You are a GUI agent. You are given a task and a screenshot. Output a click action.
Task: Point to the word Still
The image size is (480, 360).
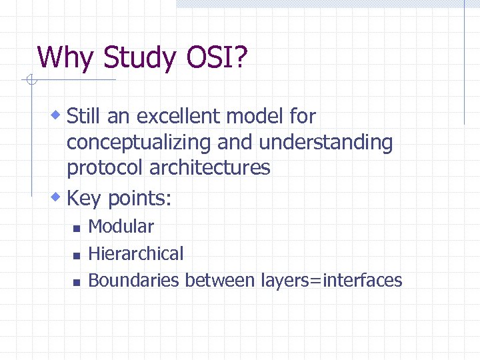pos(84,117)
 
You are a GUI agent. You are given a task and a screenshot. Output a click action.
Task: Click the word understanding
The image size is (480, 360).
pos(326,143)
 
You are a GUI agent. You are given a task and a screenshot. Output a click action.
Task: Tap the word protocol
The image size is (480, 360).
pos(105,168)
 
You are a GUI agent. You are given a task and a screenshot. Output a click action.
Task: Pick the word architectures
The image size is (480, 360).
pos(209,167)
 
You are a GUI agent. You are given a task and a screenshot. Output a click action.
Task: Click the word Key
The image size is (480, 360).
pos(85,198)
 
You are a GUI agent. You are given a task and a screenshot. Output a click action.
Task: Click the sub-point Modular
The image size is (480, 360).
pos(121,227)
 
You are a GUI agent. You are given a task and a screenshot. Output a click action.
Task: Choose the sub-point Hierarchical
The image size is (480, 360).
pos(135,253)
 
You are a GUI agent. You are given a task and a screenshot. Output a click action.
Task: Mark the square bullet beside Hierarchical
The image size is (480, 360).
pos(77,255)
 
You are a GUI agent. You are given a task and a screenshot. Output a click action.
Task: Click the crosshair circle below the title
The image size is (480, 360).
pos(30,81)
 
